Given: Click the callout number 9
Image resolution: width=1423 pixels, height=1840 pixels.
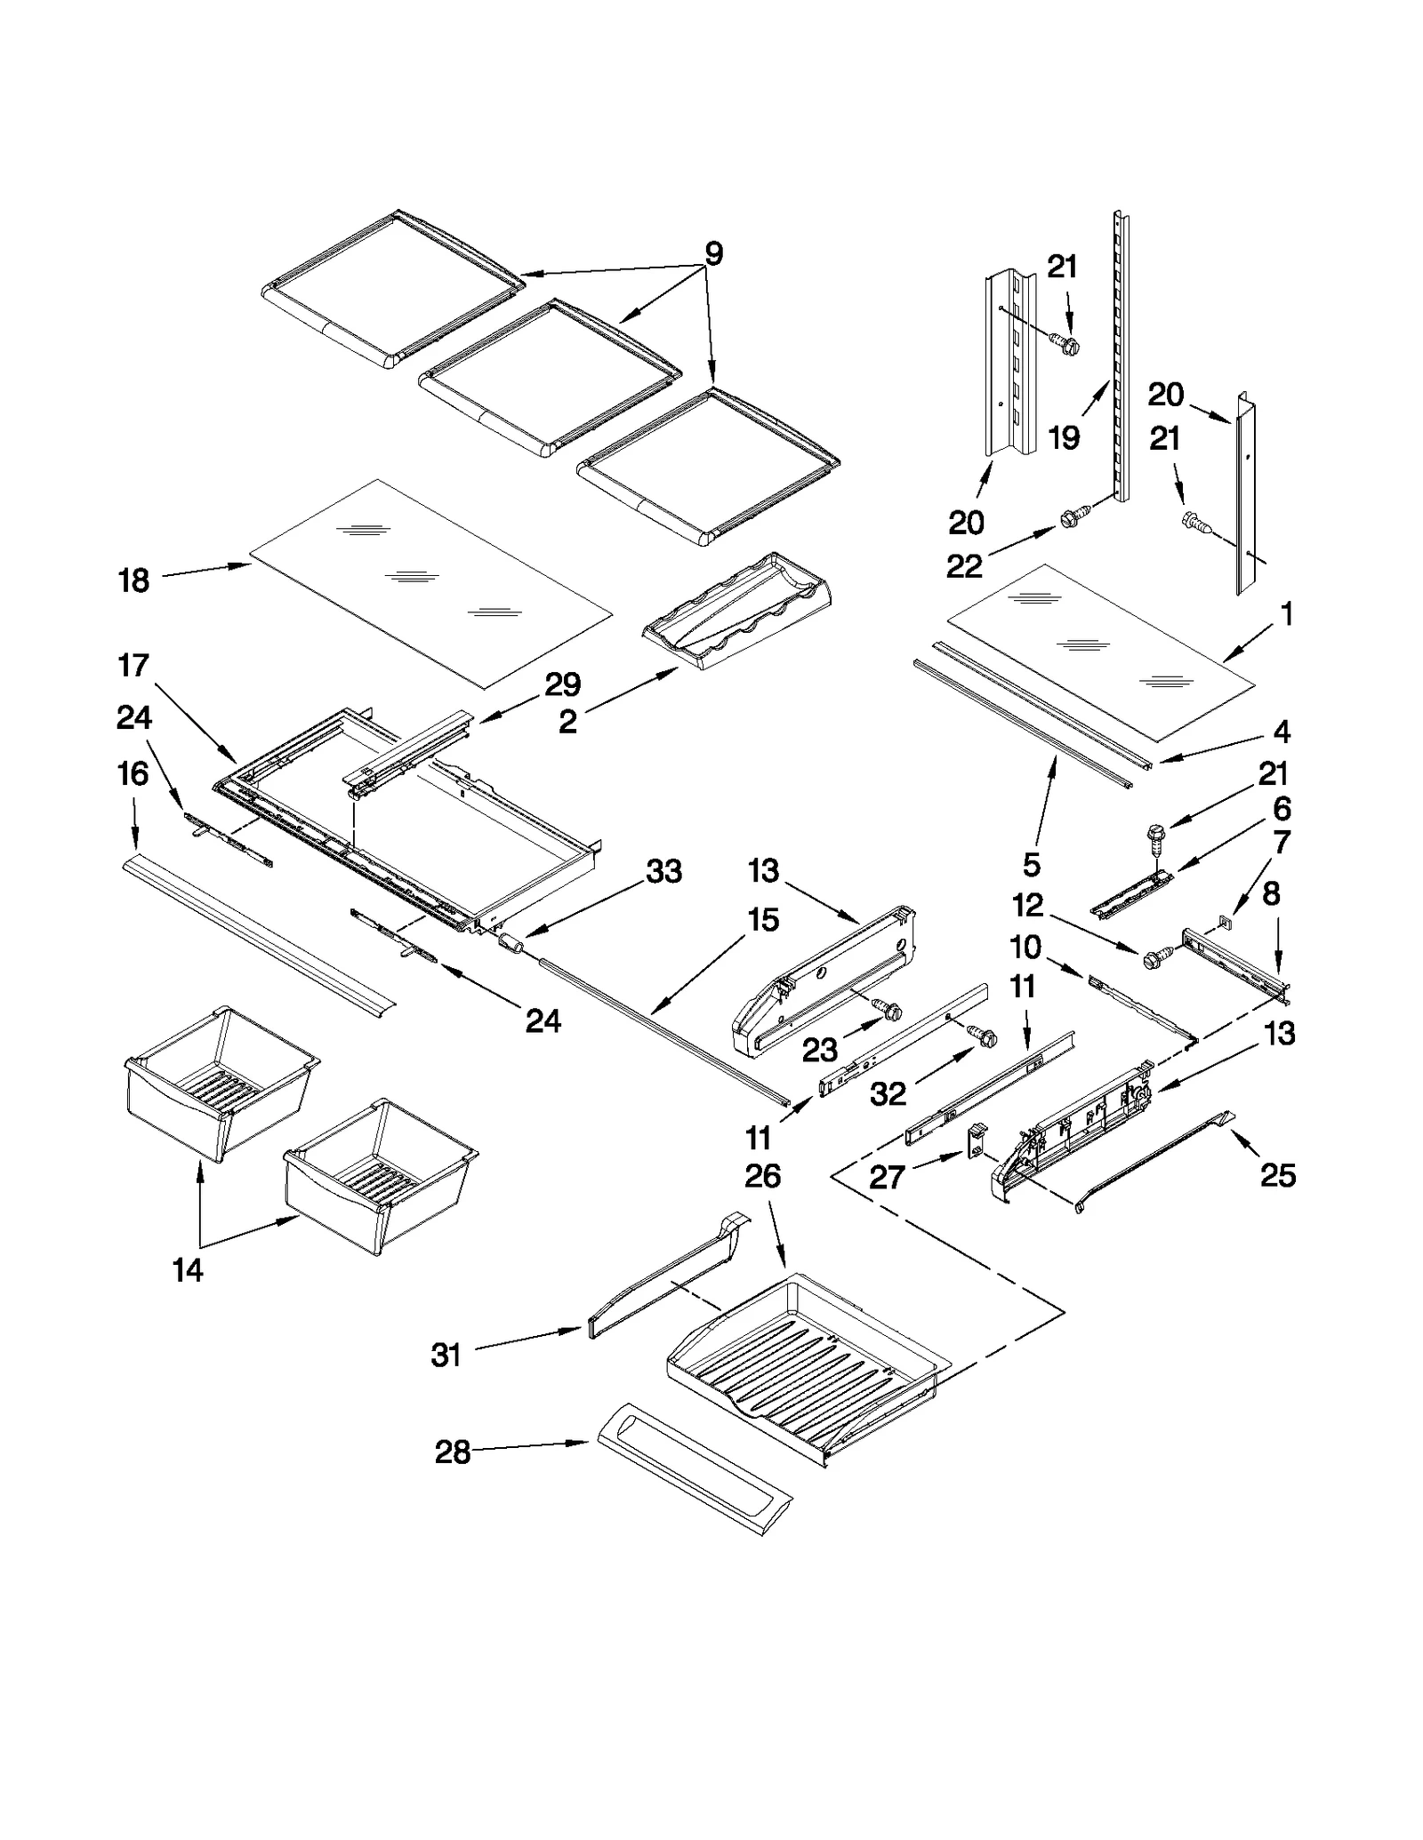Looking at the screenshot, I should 713,254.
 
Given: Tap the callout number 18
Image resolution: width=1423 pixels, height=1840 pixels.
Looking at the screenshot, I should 134,581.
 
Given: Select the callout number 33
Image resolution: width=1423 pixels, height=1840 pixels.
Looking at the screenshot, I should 663,871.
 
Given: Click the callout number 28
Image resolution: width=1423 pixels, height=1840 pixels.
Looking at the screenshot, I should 452,1452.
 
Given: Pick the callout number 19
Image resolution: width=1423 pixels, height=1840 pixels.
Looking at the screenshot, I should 1064,437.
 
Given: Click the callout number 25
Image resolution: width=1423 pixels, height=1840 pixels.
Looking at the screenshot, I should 1278,1175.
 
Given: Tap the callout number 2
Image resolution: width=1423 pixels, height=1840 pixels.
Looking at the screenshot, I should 567,721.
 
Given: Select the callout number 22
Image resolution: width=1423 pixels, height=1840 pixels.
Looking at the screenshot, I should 964,566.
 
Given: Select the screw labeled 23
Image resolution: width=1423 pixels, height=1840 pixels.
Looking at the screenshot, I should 888,1009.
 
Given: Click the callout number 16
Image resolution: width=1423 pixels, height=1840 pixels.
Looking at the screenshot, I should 133,774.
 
